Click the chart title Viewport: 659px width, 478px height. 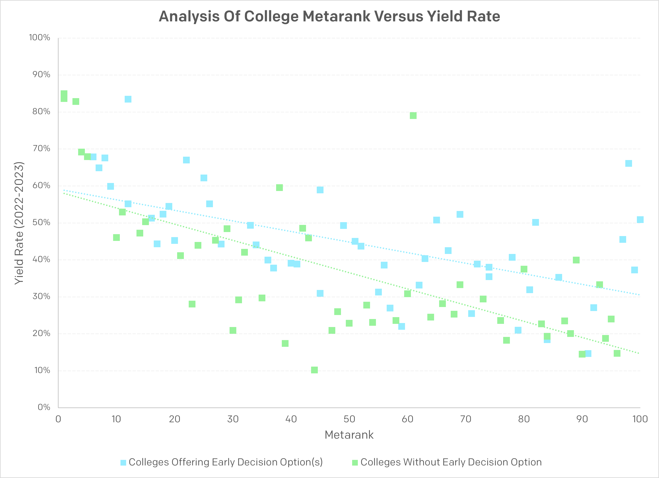(329, 16)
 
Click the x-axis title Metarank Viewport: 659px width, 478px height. (349, 435)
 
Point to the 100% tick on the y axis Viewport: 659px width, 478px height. (40, 37)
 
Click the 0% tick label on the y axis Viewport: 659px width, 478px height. (44, 407)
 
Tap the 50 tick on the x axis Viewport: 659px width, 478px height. (349, 419)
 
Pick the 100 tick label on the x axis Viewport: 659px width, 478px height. (640, 419)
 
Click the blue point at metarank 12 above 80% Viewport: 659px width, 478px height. (128, 99)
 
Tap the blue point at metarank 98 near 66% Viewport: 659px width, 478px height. (628, 163)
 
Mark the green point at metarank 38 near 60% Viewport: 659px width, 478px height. (279, 188)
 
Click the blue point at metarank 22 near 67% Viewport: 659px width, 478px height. (186, 160)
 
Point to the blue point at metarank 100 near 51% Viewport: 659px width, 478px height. (640, 220)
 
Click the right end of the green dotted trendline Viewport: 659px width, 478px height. (639, 353)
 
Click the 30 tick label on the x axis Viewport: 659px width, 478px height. (233, 419)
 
